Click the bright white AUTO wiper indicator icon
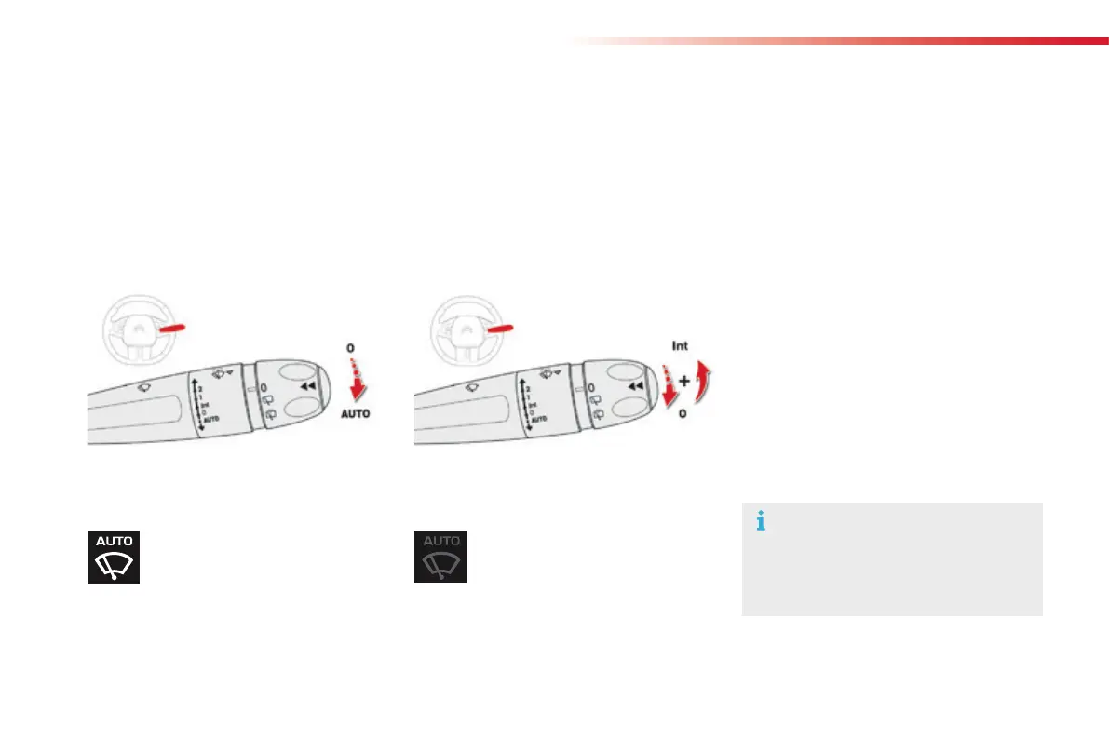point(114,557)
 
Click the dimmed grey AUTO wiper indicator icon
point(440,557)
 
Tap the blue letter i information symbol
point(761,522)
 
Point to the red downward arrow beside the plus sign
point(668,385)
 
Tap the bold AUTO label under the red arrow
point(355,412)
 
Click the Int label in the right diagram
point(681,346)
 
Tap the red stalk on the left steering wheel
point(172,329)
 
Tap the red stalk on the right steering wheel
point(499,329)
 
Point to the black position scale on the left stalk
point(199,403)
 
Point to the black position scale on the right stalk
point(526,403)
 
